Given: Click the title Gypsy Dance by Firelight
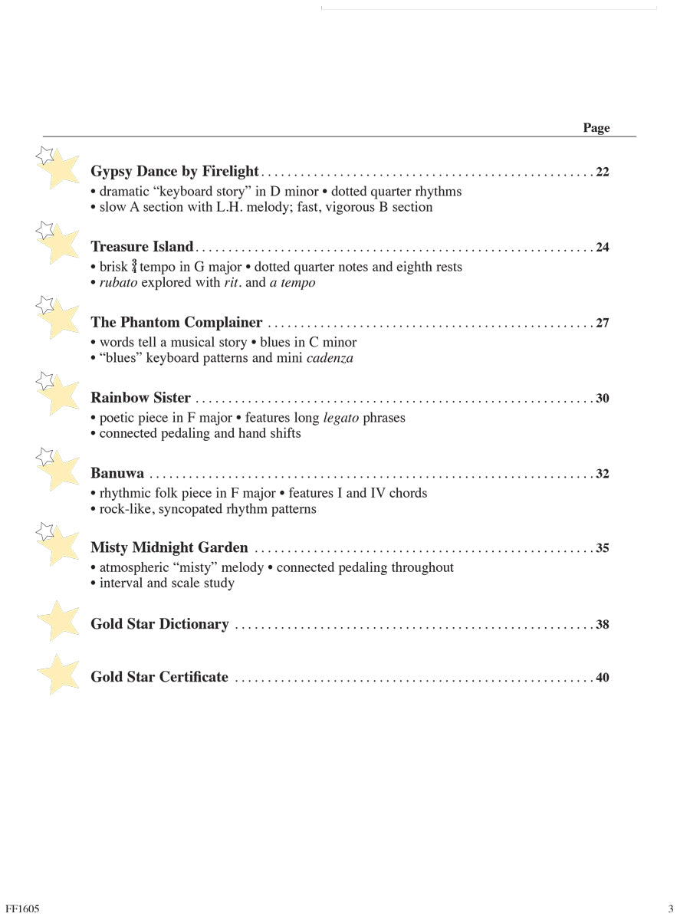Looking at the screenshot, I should click(x=175, y=172).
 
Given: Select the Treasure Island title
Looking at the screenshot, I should click(x=142, y=247).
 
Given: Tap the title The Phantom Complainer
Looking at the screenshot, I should click(x=176, y=323).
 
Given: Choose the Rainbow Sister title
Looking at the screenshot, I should click(x=140, y=398).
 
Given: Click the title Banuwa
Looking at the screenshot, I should click(x=117, y=473).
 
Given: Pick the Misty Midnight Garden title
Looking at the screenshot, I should click(x=169, y=547).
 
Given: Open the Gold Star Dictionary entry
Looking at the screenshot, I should click(x=159, y=624).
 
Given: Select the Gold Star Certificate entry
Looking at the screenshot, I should click(x=159, y=677).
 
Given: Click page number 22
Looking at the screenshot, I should click(x=602, y=172).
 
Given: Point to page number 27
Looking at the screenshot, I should click(x=602, y=323).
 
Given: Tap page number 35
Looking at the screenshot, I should click(x=602, y=548).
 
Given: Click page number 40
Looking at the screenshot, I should click(x=602, y=678).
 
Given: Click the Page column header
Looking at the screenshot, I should click(x=596, y=128).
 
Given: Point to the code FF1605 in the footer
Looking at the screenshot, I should click(x=22, y=909).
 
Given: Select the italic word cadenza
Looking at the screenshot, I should click(x=330, y=358).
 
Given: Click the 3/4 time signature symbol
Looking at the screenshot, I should click(x=134, y=267).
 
